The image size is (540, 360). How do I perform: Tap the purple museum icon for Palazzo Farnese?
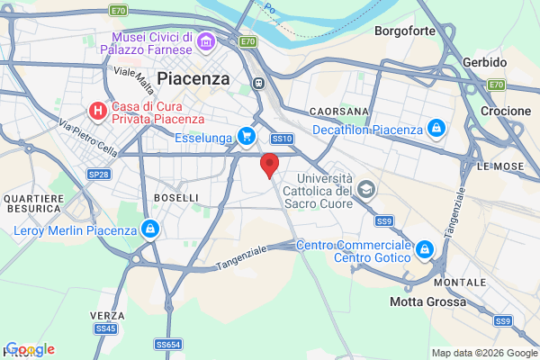[x=206, y=41]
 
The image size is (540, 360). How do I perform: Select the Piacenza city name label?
[x=193, y=79]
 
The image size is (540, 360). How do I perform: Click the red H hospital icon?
[x=98, y=111]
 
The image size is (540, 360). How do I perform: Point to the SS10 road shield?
[x=282, y=139]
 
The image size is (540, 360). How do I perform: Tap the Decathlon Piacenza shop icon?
[x=436, y=130]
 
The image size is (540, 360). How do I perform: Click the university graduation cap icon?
[x=365, y=189]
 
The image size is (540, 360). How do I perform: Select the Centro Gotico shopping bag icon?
[x=424, y=249]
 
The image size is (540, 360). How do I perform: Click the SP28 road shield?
[x=99, y=174]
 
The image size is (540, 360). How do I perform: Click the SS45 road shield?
[x=105, y=328]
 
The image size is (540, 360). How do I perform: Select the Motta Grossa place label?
[x=428, y=301]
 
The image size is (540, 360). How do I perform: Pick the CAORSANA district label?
[x=338, y=111]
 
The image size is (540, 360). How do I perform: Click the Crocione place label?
[x=505, y=110]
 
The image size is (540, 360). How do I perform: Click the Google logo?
[x=31, y=349]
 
